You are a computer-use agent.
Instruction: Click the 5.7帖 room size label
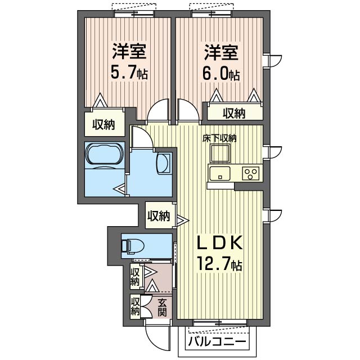(x=129, y=72)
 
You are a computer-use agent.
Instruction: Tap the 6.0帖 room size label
(x=221, y=73)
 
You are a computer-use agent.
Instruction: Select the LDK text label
(x=220, y=243)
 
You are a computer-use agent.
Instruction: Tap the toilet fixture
(x=133, y=246)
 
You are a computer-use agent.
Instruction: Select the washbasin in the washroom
(x=164, y=163)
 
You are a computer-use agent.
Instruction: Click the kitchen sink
(x=219, y=174)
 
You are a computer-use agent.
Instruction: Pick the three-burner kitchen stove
(x=251, y=174)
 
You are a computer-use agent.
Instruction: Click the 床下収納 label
(x=219, y=138)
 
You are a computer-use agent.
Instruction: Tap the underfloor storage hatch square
(x=220, y=154)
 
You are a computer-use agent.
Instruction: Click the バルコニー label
(x=217, y=341)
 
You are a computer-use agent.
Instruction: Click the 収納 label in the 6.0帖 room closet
(x=234, y=114)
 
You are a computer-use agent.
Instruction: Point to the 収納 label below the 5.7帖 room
(x=103, y=125)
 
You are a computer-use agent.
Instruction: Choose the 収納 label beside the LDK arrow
(x=159, y=216)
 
